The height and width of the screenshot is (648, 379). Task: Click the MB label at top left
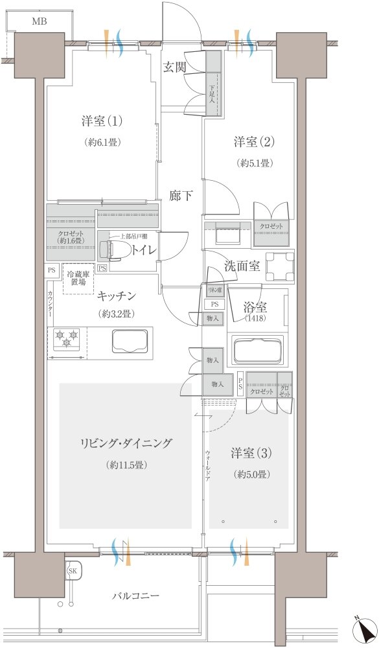(x=39, y=21)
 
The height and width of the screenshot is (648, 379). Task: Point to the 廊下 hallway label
(x=181, y=195)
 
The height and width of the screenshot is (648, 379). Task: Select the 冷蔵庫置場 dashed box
(x=78, y=282)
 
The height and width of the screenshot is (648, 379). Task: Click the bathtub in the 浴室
(x=257, y=351)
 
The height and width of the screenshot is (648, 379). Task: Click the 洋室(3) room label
(x=251, y=454)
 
